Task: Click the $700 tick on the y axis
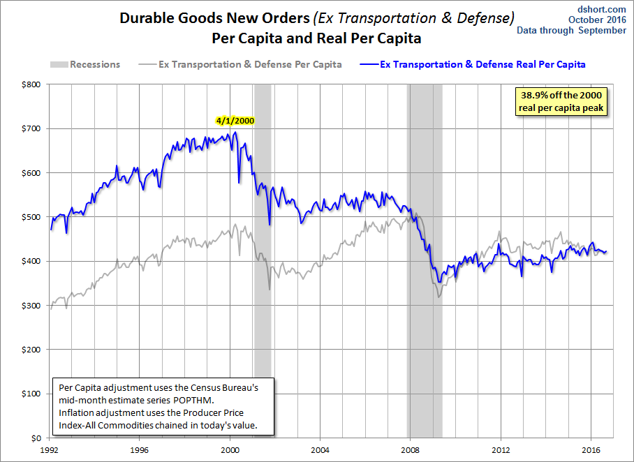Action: pyautogui.click(x=31, y=128)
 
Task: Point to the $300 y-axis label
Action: pyautogui.click(x=31, y=306)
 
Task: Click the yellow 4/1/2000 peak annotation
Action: pyautogui.click(x=235, y=121)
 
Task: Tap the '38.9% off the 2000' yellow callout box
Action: pyautogui.click(x=561, y=101)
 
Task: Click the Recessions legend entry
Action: pyautogui.click(x=85, y=64)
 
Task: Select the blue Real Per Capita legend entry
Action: pyautogui.click(x=472, y=64)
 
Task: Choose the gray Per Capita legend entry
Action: pyautogui.click(x=240, y=64)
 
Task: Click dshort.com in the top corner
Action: pyautogui.click(x=602, y=9)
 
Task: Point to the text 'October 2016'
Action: pyautogui.click(x=597, y=20)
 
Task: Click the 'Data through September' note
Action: pyautogui.click(x=571, y=30)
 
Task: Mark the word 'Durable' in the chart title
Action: pyautogui.click(x=145, y=18)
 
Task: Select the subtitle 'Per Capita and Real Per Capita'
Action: pyautogui.click(x=316, y=38)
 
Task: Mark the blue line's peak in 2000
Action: pyautogui.click(x=236, y=132)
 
